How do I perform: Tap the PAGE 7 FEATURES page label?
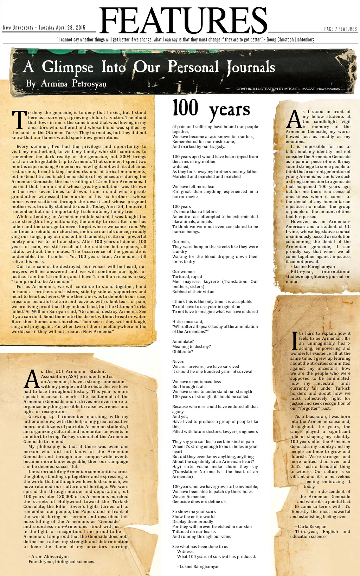(x=340, y=29)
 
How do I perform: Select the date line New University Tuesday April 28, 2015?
(x=44, y=28)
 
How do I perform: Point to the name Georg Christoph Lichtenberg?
(x=290, y=40)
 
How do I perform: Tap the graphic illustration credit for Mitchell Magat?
(x=288, y=89)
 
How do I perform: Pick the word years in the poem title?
(x=230, y=111)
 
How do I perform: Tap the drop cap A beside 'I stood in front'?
(x=294, y=119)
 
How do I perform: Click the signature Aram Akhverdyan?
(x=50, y=556)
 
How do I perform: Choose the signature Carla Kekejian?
(x=311, y=526)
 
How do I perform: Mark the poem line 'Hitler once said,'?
(x=187, y=321)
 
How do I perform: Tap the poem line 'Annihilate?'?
(x=183, y=341)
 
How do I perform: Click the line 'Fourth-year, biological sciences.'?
(x=62, y=562)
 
